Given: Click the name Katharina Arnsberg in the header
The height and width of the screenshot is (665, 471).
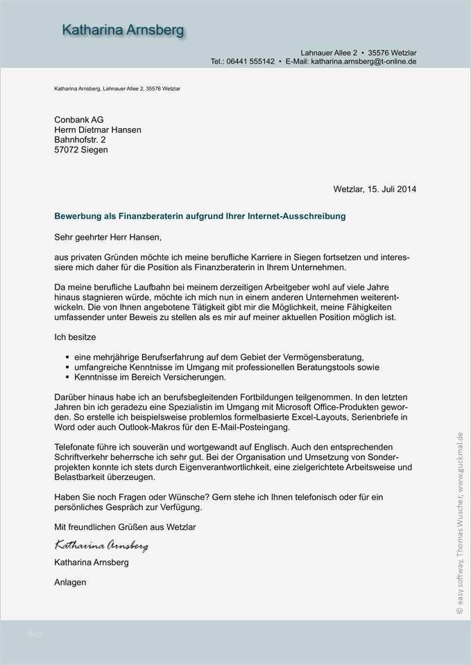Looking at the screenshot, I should (x=123, y=30).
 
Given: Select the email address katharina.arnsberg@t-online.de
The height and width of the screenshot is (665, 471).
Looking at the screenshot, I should (x=363, y=62).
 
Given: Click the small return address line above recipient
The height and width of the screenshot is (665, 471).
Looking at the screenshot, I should (x=117, y=89).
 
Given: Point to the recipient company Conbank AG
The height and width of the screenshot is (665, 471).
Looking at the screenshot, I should (x=78, y=119).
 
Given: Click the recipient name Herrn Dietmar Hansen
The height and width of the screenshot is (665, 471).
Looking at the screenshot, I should (x=98, y=130).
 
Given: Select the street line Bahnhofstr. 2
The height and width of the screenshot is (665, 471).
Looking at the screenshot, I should (x=80, y=139).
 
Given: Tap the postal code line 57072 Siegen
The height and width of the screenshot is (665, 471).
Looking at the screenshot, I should (x=81, y=149).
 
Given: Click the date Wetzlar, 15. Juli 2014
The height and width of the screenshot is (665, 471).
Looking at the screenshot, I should (x=375, y=188).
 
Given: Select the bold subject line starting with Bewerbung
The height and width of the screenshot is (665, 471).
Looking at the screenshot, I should (x=200, y=217).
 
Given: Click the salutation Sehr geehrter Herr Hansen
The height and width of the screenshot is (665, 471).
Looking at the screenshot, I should (x=108, y=237).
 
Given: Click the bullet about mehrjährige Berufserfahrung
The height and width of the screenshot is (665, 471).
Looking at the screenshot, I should (x=219, y=357).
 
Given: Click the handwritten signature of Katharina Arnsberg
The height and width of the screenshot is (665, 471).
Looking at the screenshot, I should (x=101, y=546).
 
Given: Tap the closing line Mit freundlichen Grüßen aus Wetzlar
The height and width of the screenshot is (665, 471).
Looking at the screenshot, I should (x=125, y=527).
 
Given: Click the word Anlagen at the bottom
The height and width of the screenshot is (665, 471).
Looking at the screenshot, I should (x=70, y=583).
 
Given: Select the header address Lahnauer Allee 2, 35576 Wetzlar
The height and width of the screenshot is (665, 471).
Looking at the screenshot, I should (x=358, y=53).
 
